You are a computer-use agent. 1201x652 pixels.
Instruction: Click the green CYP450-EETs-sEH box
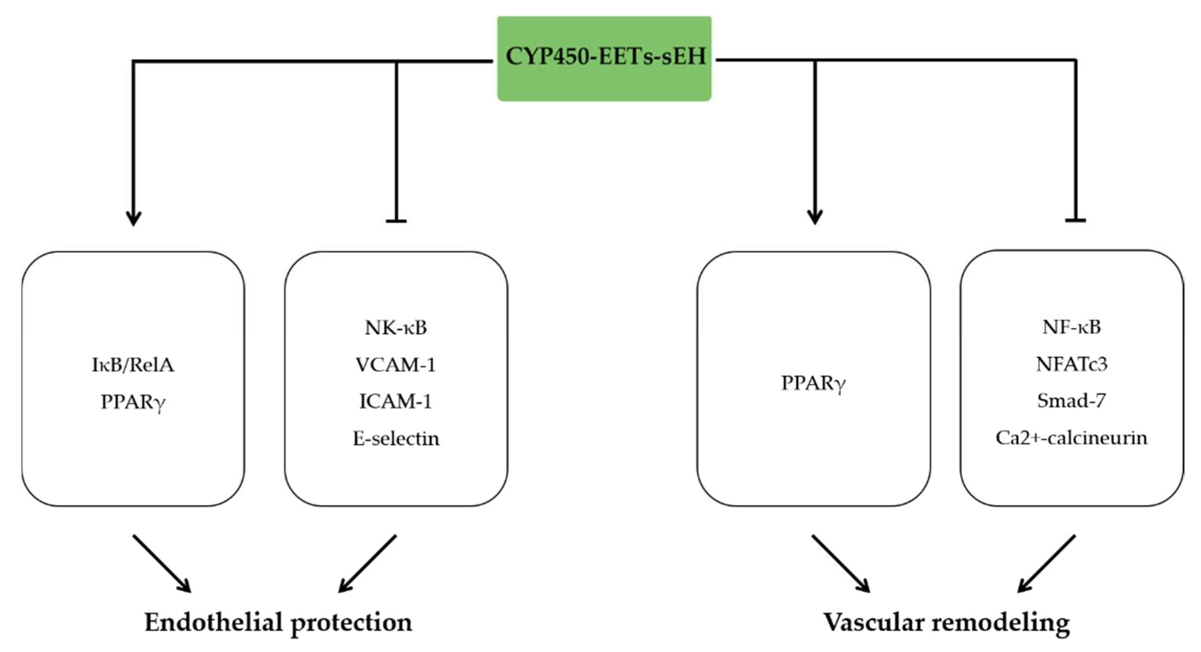(604, 58)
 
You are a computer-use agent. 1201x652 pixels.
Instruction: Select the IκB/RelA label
(133, 365)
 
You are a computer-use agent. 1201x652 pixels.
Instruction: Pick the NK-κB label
(396, 328)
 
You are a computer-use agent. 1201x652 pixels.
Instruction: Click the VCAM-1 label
(396, 365)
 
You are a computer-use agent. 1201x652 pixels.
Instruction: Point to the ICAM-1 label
(396, 401)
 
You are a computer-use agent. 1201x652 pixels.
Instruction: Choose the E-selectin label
(396, 438)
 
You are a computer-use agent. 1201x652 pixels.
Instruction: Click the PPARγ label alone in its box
(814, 384)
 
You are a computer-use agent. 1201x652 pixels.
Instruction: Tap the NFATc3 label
(1071, 364)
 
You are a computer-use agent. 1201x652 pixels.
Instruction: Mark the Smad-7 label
(1071, 401)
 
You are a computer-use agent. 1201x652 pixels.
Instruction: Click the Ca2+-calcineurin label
(1071, 438)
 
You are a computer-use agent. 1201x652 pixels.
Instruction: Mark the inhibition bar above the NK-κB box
(396, 221)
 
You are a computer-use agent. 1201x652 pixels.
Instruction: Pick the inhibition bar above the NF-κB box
(1076, 220)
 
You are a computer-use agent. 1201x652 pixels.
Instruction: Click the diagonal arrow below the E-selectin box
(367, 563)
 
